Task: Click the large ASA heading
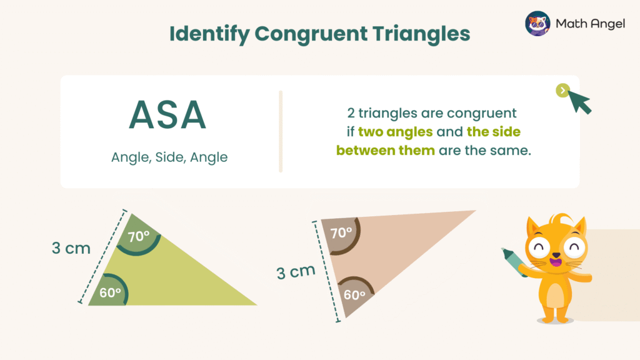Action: coord(167,115)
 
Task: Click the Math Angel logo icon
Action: coord(537,24)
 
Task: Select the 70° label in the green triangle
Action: coord(138,237)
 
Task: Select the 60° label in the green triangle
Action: coord(110,292)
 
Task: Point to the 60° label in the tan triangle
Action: coord(354,295)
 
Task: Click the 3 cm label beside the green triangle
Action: coord(71,248)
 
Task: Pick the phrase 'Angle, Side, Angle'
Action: coord(169,157)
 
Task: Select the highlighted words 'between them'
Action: coord(385,151)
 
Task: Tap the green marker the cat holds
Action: coord(514,262)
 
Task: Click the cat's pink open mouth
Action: coord(553,263)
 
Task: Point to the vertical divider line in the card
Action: coord(281,131)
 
